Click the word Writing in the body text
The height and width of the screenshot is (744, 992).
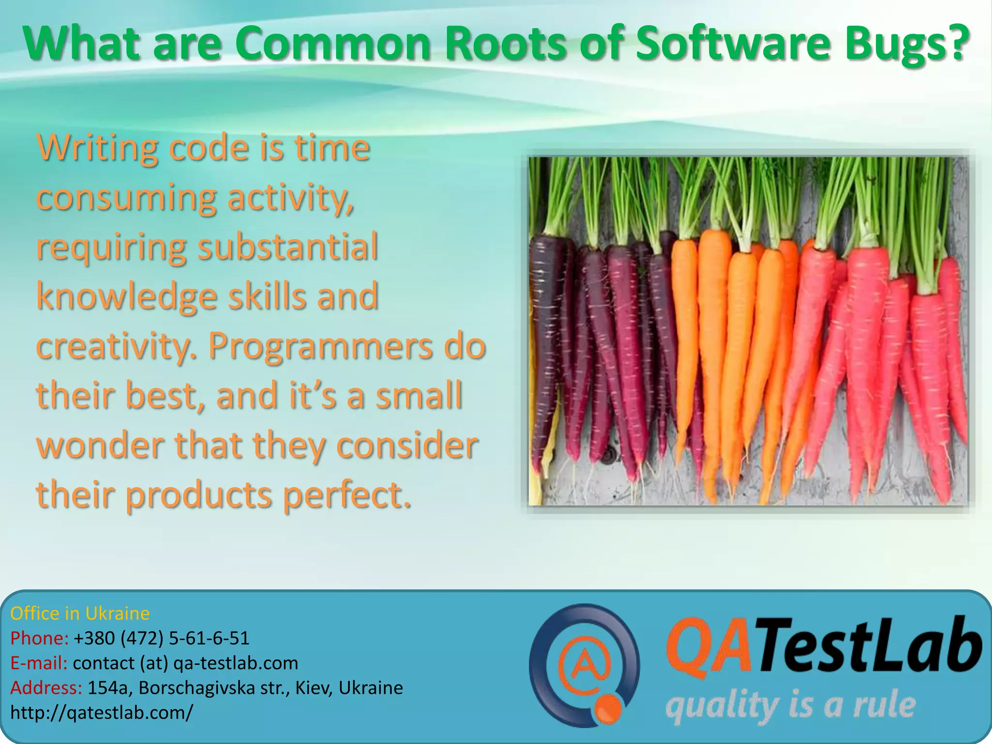[x=97, y=148]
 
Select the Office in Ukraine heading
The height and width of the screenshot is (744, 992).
[x=80, y=614]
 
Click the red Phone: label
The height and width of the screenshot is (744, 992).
[x=39, y=638]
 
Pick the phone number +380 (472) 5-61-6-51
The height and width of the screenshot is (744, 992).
[x=161, y=638]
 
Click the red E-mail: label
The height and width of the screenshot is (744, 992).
[x=39, y=663]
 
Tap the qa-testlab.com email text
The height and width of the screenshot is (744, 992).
[x=235, y=663]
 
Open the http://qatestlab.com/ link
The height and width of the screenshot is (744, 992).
[x=101, y=713]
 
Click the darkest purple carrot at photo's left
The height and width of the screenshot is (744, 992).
[x=545, y=349]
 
